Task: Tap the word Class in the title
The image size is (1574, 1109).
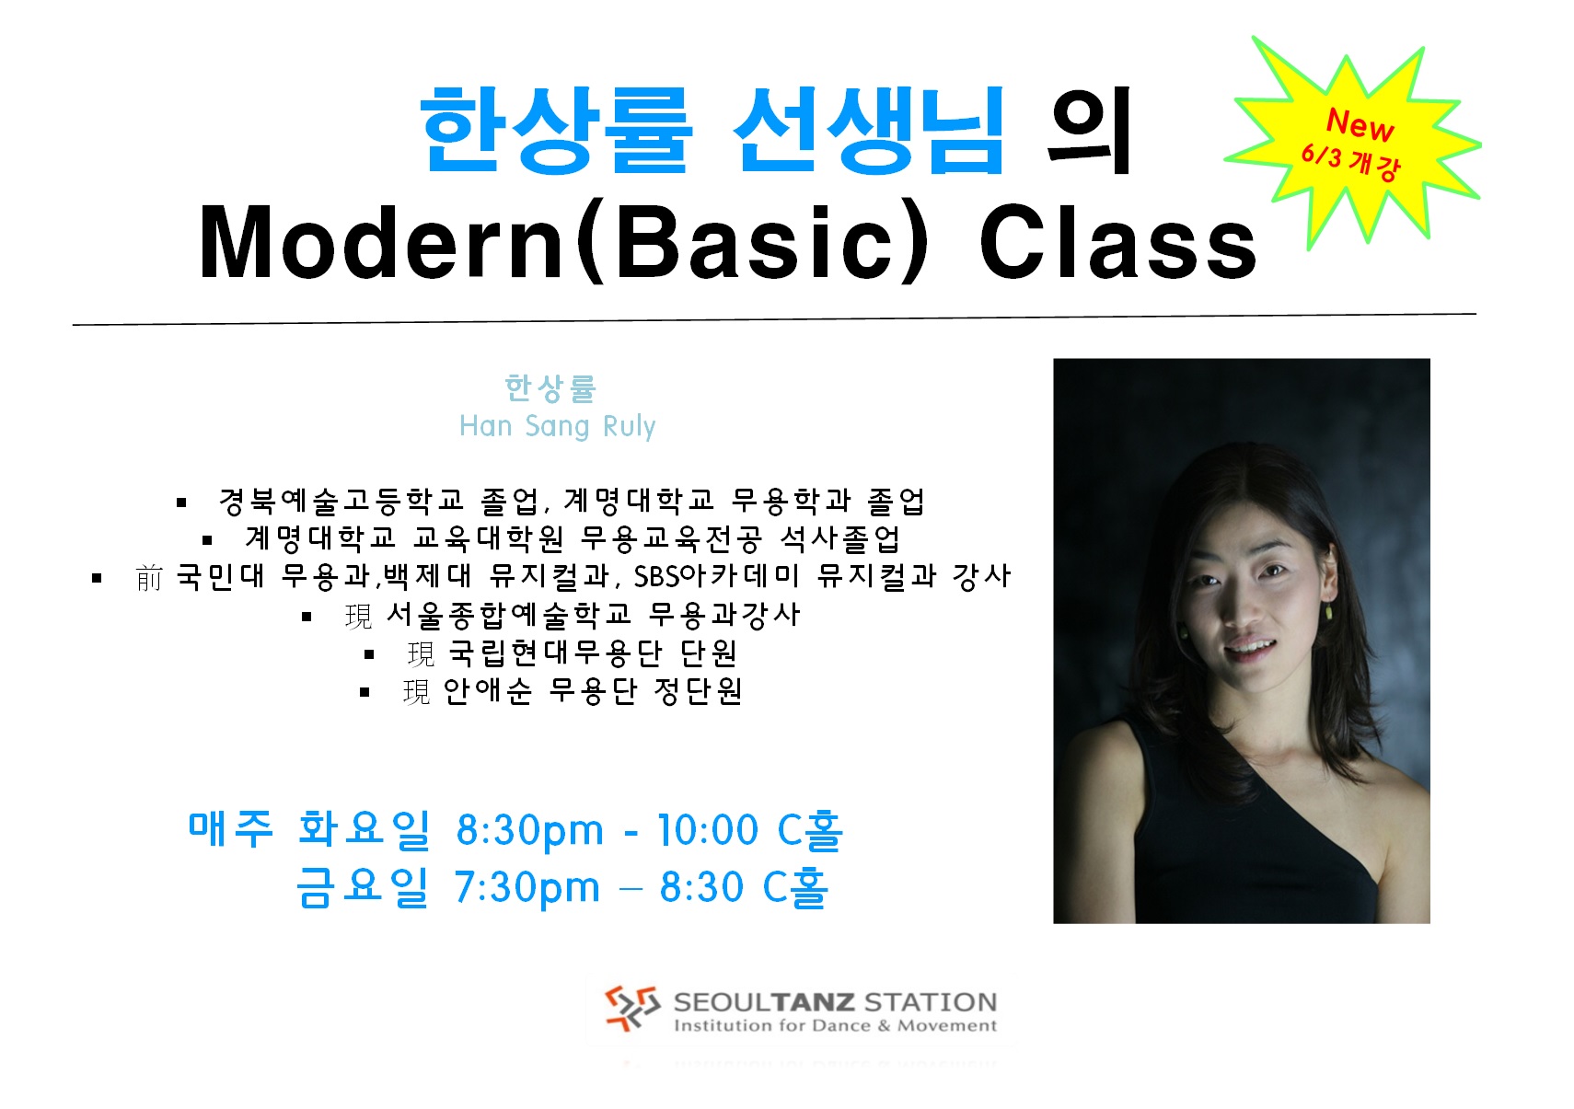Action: [1118, 241]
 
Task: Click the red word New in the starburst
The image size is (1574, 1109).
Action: [1360, 125]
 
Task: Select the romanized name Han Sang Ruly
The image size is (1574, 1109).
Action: [557, 426]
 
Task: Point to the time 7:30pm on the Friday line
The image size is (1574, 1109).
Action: [527, 887]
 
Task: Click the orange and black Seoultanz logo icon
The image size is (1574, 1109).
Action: [631, 1008]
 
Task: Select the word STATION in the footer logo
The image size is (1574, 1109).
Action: [930, 1001]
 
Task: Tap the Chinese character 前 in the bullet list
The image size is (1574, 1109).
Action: [149, 578]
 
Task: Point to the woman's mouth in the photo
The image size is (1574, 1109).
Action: [1251, 646]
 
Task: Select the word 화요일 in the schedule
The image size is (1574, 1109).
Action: [364, 828]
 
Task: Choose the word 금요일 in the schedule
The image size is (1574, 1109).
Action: [362, 887]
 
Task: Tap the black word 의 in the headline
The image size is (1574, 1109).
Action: [1088, 131]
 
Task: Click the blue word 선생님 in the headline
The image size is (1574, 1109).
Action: [869, 131]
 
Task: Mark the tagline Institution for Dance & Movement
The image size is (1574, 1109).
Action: [836, 1025]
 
